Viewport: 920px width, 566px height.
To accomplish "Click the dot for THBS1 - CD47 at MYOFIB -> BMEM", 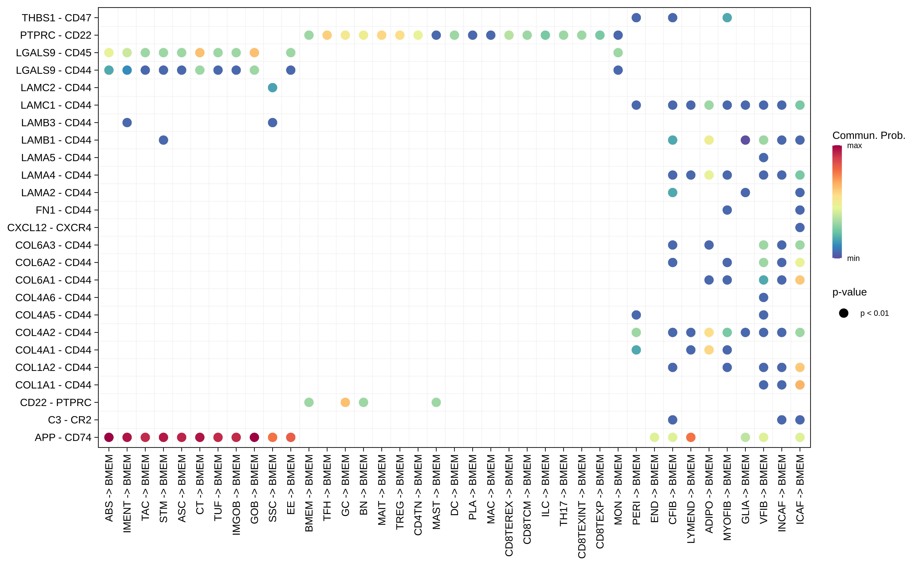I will click(727, 18).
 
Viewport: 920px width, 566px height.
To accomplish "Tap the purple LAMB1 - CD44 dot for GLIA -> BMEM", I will click(745, 140).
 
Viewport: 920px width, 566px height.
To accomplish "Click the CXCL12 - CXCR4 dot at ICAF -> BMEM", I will click(800, 228).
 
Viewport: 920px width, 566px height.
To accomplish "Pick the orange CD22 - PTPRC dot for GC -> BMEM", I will click(345, 402).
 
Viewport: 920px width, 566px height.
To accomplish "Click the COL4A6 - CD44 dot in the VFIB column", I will click(764, 298).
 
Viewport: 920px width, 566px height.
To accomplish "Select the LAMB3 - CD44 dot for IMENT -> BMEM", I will click(127, 122).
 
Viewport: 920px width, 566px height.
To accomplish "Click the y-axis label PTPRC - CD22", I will click(55, 35).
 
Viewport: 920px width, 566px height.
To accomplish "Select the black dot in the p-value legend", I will click(844, 313).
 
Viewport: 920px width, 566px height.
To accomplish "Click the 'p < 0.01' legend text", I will click(874, 313).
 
